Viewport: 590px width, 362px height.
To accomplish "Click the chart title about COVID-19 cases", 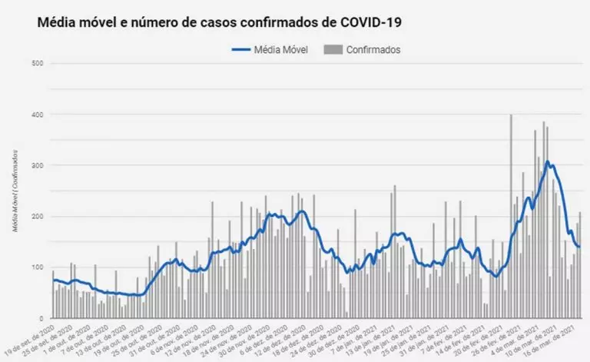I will point(219,23).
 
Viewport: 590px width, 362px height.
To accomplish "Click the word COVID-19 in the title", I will point(368,23).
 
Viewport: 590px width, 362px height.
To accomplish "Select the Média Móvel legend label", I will point(280,50).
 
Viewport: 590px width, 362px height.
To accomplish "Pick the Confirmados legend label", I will point(373,50).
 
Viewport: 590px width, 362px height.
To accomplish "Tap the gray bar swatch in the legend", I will point(332,50).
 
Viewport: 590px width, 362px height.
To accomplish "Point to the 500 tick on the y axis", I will point(37,63).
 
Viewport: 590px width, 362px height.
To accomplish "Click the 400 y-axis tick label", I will point(37,115).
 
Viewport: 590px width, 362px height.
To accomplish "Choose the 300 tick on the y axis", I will point(37,165).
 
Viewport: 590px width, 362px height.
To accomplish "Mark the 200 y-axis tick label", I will point(37,217).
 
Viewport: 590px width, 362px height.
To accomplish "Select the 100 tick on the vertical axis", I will point(37,267).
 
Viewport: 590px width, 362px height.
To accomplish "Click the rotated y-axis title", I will point(15,191).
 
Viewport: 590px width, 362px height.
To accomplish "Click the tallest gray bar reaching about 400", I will point(511,215).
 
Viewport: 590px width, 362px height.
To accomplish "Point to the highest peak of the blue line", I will point(547,161).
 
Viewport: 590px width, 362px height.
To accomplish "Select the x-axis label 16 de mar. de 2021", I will point(556,339).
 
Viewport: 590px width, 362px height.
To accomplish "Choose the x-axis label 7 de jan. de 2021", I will point(356,338).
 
